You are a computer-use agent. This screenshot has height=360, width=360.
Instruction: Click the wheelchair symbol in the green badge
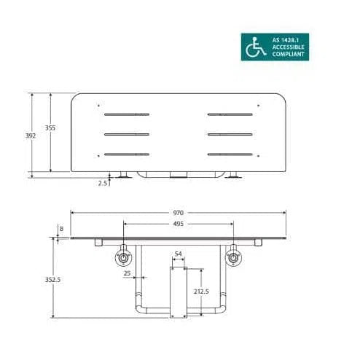[x=256, y=47]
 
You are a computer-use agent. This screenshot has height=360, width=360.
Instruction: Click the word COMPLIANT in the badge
[x=288, y=54]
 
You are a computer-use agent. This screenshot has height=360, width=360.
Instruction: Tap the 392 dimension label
[x=31, y=136]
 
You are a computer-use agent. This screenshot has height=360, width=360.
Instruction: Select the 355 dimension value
[x=50, y=128]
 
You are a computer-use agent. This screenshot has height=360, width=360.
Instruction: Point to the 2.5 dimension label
[x=103, y=183]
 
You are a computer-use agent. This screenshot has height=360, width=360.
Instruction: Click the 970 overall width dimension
[x=179, y=213]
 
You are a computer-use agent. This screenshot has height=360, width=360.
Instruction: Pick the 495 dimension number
[x=179, y=224]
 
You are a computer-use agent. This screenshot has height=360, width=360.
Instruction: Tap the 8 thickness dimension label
[x=61, y=229]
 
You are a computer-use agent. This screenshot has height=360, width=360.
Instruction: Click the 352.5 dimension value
[x=52, y=280]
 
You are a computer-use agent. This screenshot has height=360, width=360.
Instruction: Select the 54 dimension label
[x=179, y=254]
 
